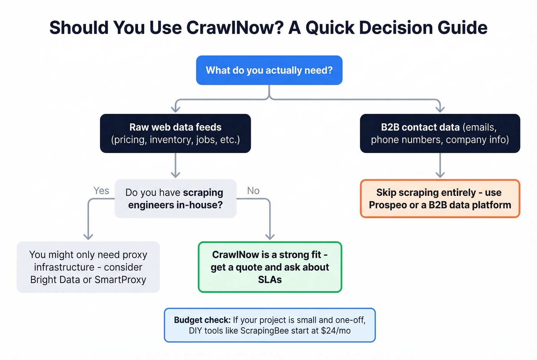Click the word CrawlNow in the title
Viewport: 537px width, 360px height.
tap(235, 28)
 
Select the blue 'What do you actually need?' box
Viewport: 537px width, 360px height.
tap(269, 70)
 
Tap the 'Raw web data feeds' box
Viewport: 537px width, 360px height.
tap(175, 133)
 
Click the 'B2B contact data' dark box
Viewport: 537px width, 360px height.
tap(440, 133)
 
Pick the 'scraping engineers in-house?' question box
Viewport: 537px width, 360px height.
tap(175, 199)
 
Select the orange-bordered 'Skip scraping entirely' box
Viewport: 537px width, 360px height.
tap(440, 199)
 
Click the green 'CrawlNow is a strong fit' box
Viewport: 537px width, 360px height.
tap(270, 267)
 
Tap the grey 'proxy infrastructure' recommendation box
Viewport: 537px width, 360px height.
tap(88, 267)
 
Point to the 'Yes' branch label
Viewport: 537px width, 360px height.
tap(101, 191)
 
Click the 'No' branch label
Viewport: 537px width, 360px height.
tap(253, 191)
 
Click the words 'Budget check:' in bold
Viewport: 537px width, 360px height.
tap(202, 320)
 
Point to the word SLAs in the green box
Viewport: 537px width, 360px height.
tap(270, 280)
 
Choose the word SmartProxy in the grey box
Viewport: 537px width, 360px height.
tap(120, 280)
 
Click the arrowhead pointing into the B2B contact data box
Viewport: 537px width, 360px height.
tap(440, 109)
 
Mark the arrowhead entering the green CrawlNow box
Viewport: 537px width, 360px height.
tap(270, 236)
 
